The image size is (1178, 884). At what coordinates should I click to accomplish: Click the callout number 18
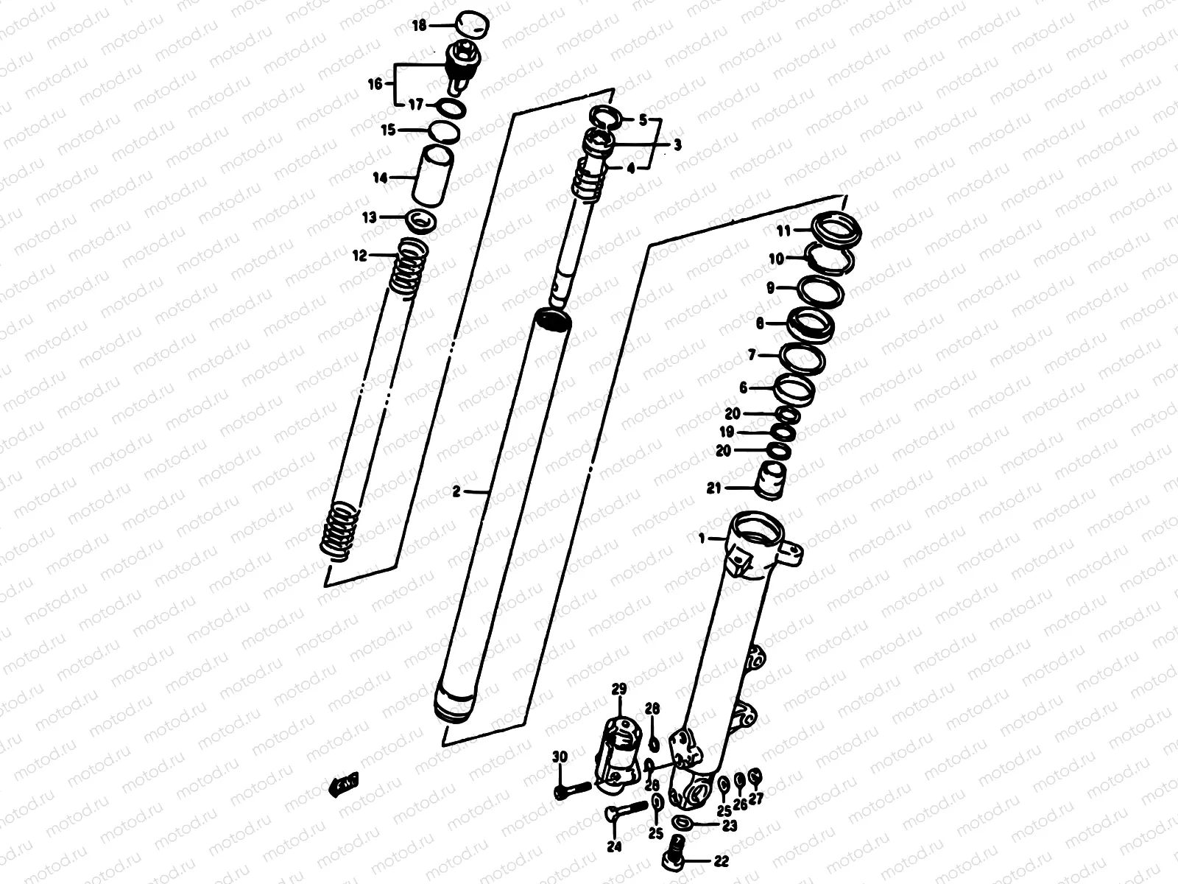pos(419,26)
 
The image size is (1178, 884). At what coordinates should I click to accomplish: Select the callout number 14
pos(380,178)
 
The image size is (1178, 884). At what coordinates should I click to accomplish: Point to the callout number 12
pos(359,256)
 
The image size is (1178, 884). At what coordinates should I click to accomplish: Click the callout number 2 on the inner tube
pos(456,491)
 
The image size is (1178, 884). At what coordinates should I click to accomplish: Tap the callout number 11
pos(783,231)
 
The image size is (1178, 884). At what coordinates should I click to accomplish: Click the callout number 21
pos(713,488)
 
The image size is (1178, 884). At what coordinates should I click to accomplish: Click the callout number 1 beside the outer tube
pos(702,539)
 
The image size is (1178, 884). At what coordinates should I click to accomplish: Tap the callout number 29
pos(618,690)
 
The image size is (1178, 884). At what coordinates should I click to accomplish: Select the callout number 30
pos(560,757)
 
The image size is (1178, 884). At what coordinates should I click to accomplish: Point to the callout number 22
pos(720,860)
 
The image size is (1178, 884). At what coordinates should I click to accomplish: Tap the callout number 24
pos(614,847)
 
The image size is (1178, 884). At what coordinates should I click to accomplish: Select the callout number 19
pos(727,432)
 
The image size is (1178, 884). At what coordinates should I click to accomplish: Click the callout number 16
pos(375,84)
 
